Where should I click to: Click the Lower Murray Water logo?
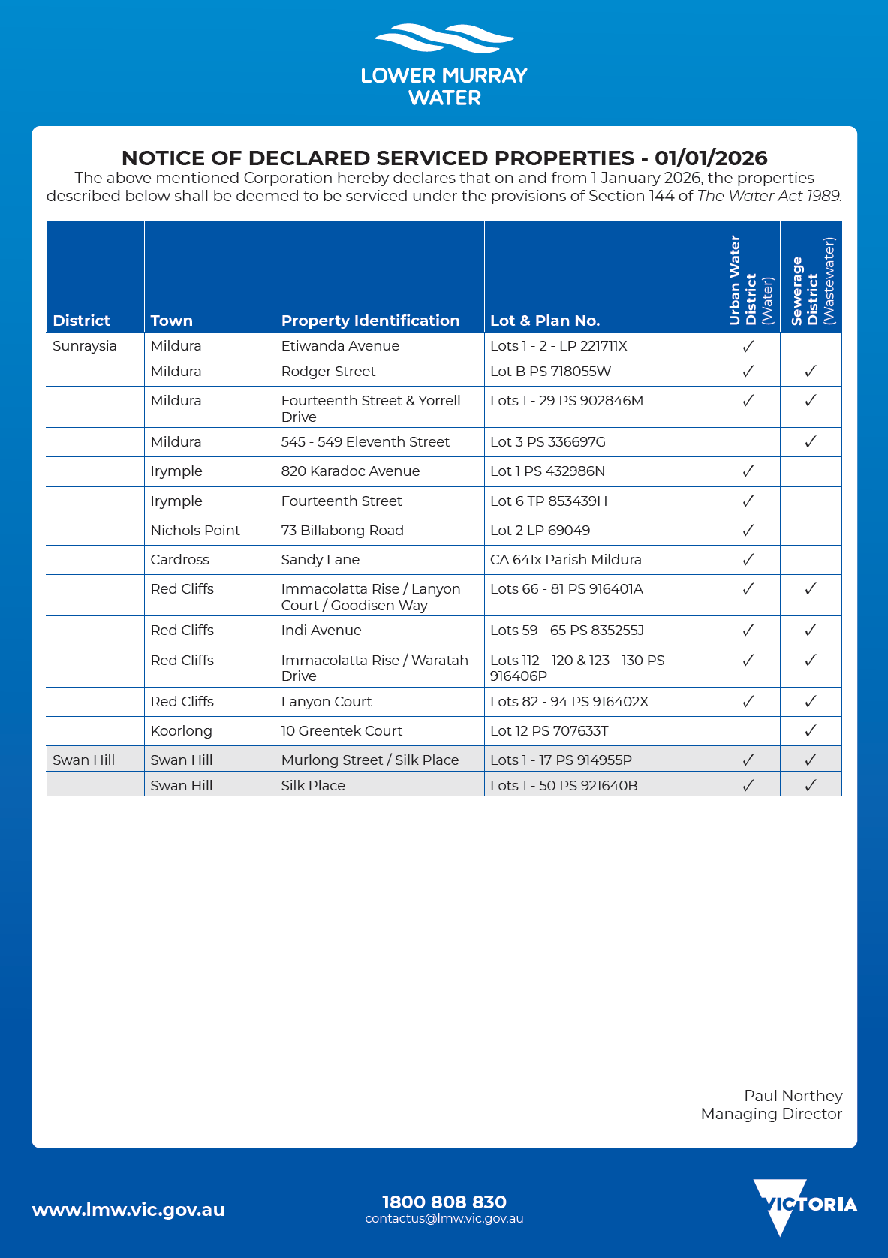tap(444, 65)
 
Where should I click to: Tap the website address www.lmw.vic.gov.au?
tap(128, 1210)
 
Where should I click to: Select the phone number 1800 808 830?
tap(444, 1202)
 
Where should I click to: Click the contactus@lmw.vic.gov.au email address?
tap(444, 1219)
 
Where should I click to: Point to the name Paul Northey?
tap(793, 1096)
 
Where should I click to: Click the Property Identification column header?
tap(370, 321)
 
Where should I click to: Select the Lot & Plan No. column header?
tap(544, 321)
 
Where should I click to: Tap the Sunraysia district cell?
tap(85, 346)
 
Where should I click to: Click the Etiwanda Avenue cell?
tap(340, 346)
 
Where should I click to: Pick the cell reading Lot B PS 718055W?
tap(550, 372)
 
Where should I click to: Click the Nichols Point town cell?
tap(195, 531)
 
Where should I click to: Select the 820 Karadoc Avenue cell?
tap(350, 471)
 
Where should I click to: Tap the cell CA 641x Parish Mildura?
tap(565, 560)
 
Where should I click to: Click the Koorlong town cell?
tap(181, 731)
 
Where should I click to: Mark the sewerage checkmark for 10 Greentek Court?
tap(810, 730)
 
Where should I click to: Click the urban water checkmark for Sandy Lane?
tap(748, 560)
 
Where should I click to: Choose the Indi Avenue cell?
tap(321, 631)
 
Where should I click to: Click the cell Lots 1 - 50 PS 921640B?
tap(564, 786)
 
